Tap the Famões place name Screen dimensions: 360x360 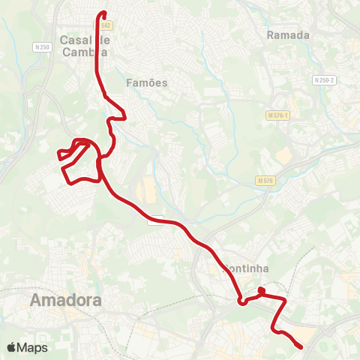coord(147,82)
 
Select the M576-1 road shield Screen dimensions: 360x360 coord(277,115)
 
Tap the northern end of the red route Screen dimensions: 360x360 coord(103,13)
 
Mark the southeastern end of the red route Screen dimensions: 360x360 coord(301,346)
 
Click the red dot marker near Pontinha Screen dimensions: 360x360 coord(261,290)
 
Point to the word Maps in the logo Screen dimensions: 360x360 coord(33,348)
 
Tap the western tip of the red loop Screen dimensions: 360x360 coord(58,155)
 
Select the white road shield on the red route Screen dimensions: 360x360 coord(156,220)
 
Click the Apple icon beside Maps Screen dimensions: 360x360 coord(12,347)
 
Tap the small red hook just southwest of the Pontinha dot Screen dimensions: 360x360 coord(241,301)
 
